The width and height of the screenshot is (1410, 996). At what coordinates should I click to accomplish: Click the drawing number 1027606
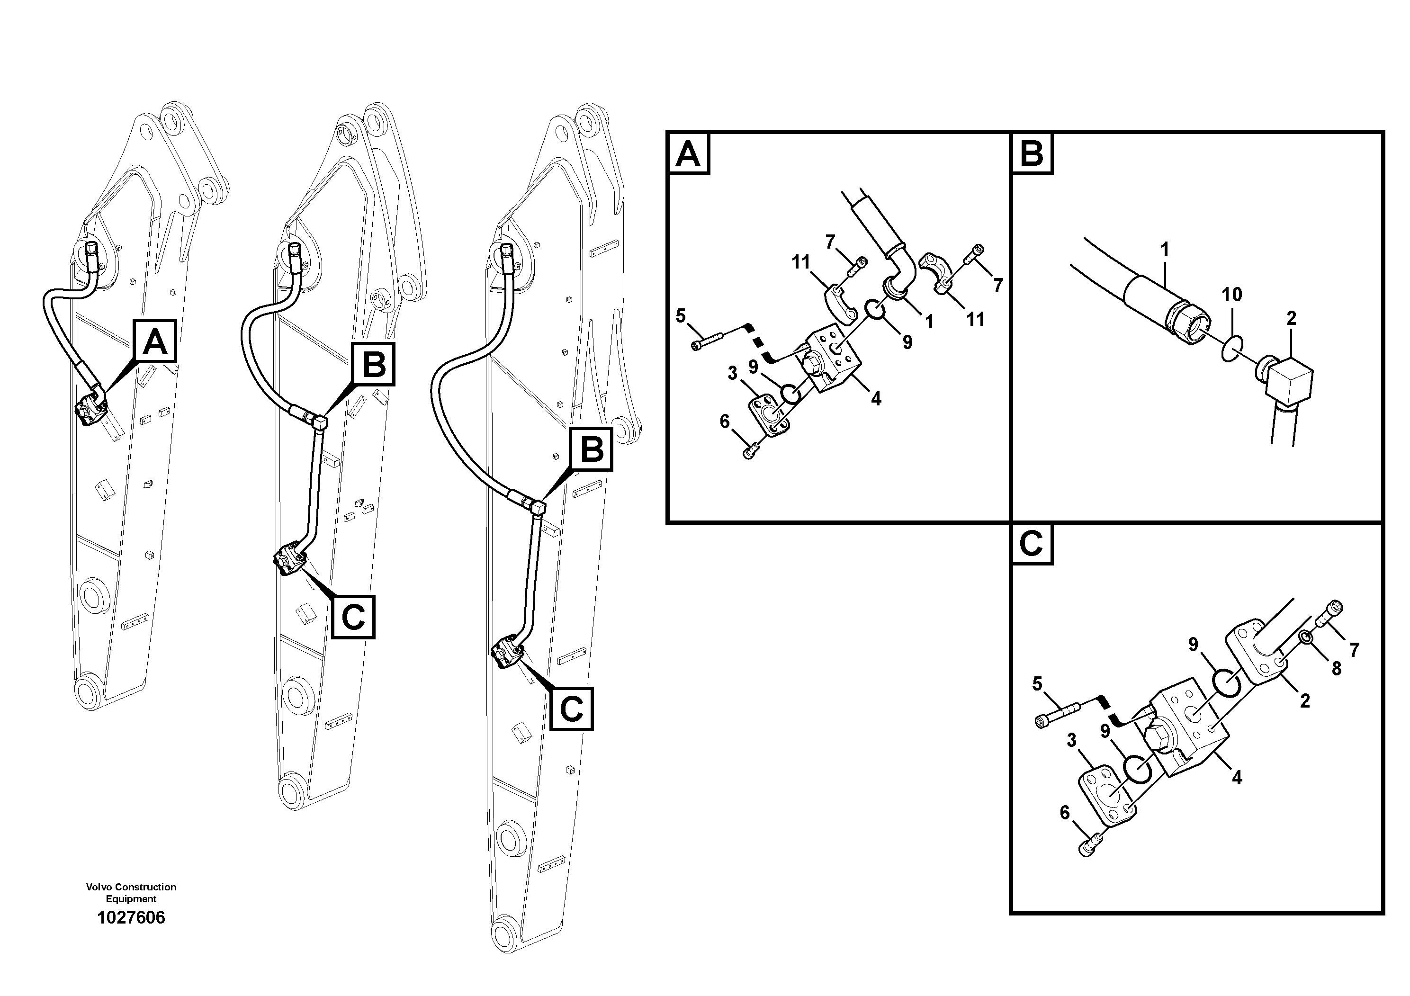[131, 918]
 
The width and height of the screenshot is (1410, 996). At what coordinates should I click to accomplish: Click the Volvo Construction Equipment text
[131, 892]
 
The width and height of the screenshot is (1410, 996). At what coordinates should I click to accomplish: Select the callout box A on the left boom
[155, 341]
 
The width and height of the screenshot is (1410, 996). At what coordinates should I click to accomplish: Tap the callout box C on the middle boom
[353, 617]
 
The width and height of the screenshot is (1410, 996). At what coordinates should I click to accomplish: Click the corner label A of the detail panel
[688, 153]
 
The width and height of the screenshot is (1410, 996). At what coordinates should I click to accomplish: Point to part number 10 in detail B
[1231, 295]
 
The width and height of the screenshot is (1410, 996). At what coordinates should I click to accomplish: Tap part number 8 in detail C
[1336, 668]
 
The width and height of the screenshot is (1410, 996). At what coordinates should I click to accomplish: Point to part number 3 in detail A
[732, 373]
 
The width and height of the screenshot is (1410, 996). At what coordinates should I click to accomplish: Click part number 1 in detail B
[1164, 249]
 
